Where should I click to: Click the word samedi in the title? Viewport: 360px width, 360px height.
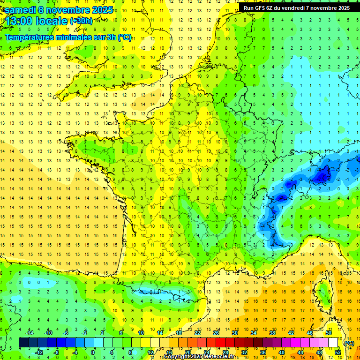click(x=21, y=9)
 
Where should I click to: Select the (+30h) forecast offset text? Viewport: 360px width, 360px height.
click(x=81, y=21)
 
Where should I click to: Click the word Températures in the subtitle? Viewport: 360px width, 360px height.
click(x=31, y=37)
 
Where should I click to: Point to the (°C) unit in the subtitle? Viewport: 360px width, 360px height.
click(x=125, y=37)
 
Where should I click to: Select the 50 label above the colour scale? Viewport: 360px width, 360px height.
click(x=329, y=332)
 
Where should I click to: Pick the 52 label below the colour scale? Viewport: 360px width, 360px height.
click(x=338, y=352)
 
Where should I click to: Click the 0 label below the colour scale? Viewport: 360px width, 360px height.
click(x=93, y=352)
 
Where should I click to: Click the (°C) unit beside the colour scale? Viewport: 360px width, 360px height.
click(x=349, y=343)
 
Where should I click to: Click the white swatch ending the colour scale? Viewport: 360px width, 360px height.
click(x=333, y=343)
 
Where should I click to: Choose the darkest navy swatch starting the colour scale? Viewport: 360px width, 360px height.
click(x=23, y=343)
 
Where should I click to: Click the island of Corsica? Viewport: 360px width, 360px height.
click(x=322, y=293)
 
